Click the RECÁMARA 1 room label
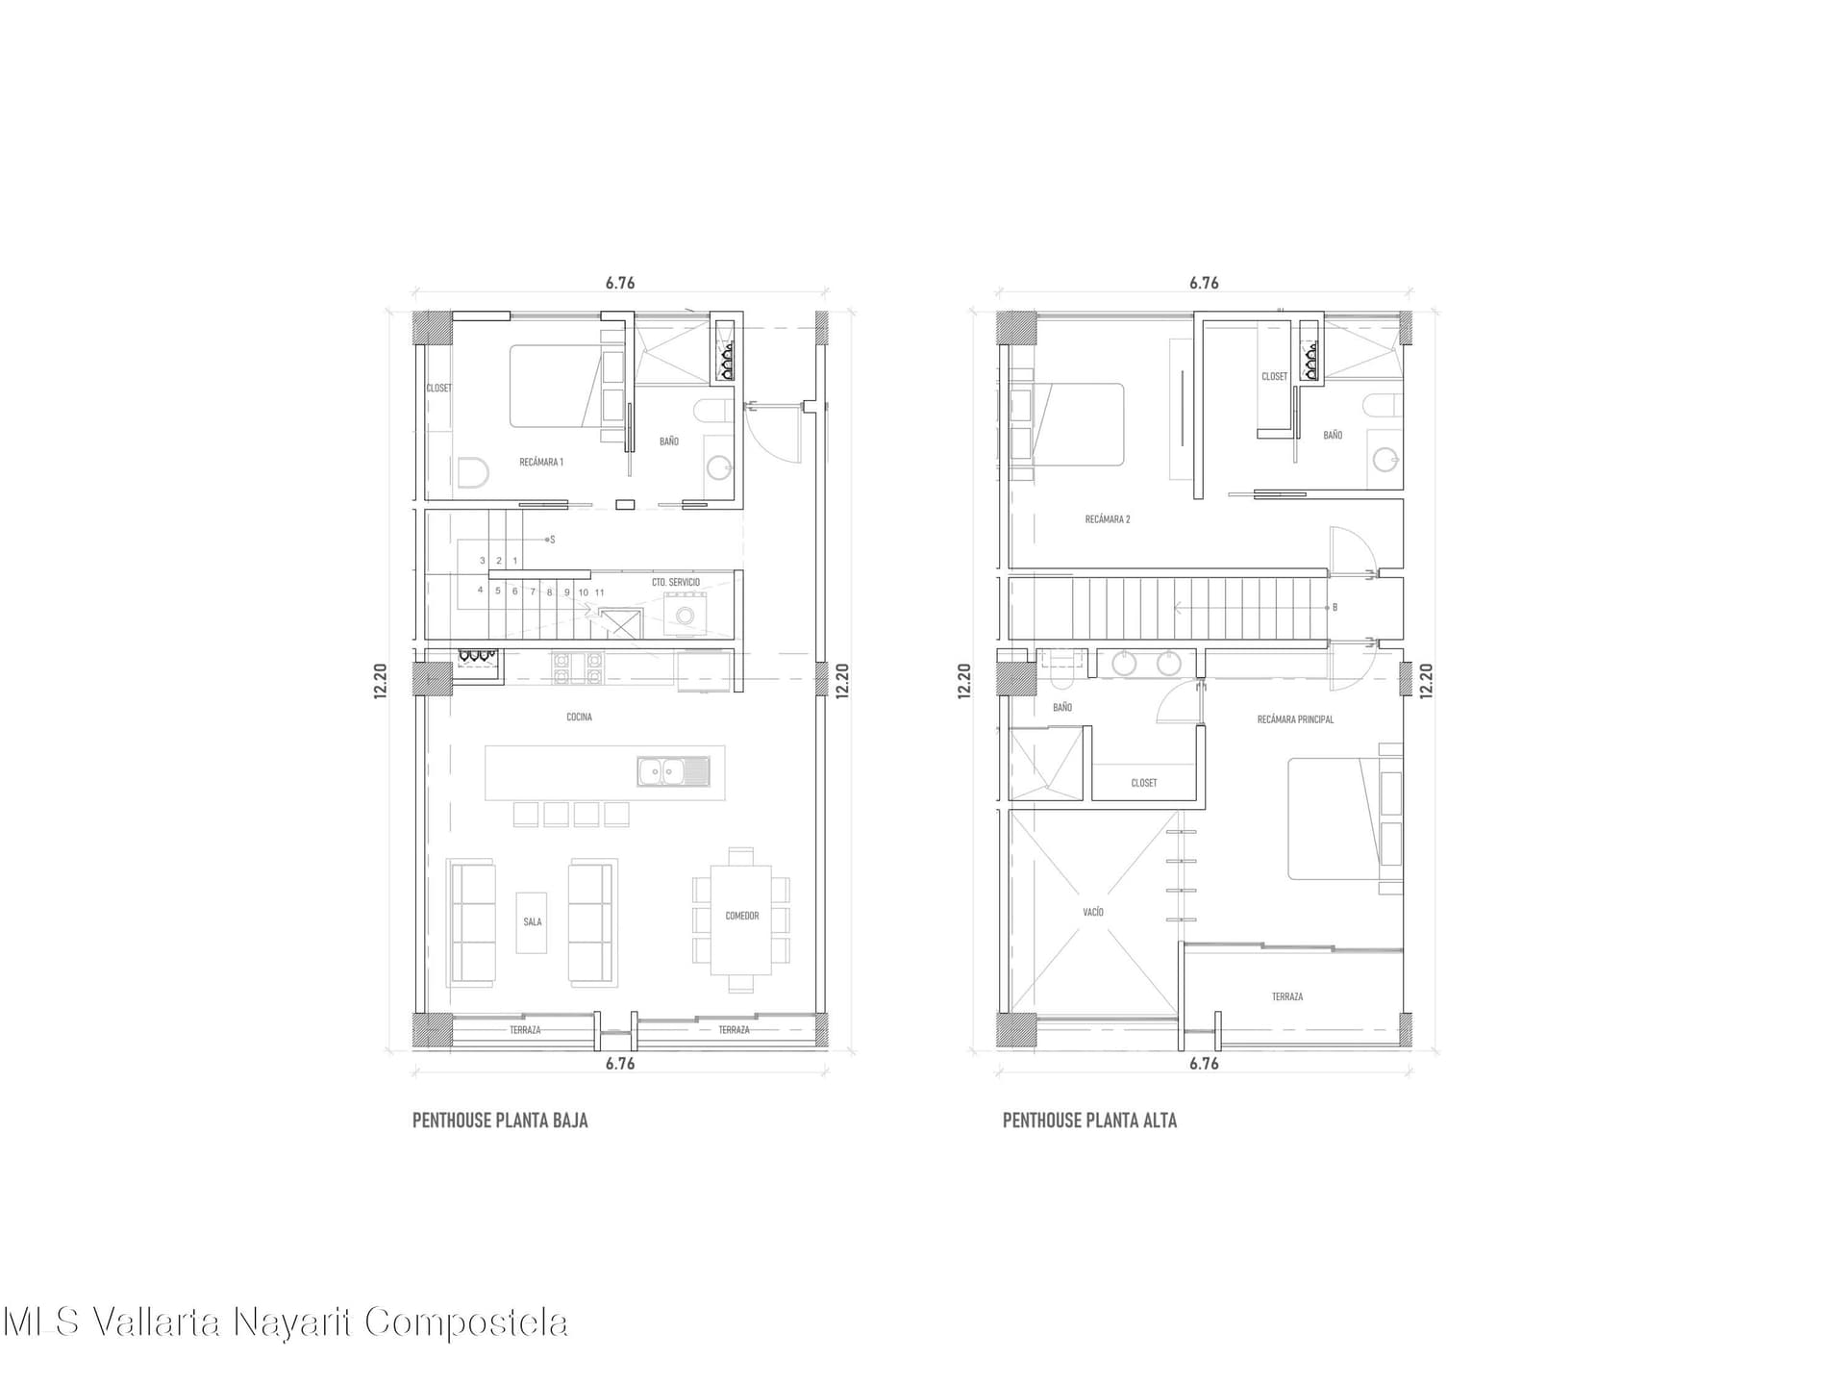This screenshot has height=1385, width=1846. click(541, 463)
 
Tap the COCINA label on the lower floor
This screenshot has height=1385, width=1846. click(579, 718)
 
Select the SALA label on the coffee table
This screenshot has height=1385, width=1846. click(533, 922)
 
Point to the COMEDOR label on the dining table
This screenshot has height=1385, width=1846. click(742, 917)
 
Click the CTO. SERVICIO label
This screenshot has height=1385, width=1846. click(676, 583)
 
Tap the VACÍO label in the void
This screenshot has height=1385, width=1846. click(1093, 912)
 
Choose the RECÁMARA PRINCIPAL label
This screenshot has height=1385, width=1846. click(1295, 719)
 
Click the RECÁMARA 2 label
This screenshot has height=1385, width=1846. click(1108, 519)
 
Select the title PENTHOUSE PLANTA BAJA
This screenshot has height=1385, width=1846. click(500, 1121)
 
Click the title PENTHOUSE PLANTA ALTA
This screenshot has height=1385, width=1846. click(1089, 1121)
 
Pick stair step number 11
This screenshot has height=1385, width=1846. click(599, 592)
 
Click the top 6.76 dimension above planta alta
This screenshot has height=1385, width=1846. click(1204, 283)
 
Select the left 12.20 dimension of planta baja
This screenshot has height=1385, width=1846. click(381, 681)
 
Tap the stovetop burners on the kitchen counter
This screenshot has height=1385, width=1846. click(577, 668)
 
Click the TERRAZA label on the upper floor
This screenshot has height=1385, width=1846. click(1287, 997)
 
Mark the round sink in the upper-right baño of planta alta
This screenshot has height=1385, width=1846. click(1385, 461)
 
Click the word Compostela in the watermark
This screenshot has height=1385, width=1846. click(466, 1323)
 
